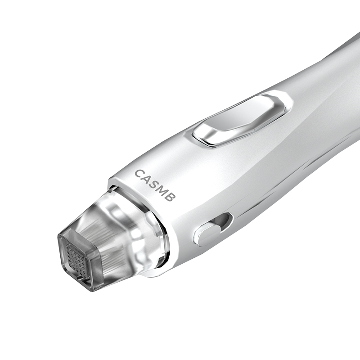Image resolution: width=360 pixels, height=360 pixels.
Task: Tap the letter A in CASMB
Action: [x=148, y=180]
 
